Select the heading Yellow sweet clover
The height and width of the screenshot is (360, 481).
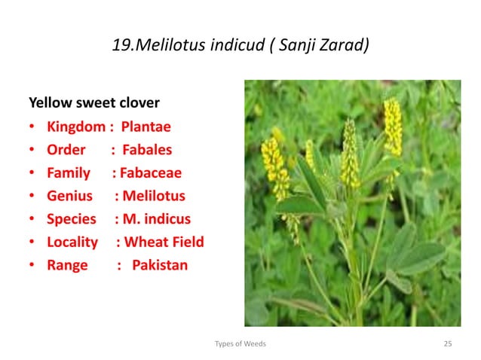(x=93, y=102)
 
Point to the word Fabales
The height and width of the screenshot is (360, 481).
(x=148, y=149)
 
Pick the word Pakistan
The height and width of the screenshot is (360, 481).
(x=160, y=266)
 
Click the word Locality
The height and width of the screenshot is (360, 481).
(x=72, y=243)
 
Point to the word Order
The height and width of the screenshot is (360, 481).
(x=66, y=149)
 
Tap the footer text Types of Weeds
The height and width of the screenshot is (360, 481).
(x=240, y=343)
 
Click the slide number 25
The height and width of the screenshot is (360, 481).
(x=448, y=343)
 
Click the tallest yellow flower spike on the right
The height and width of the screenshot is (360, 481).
(x=392, y=128)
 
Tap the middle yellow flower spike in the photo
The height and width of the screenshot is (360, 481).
(x=350, y=154)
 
